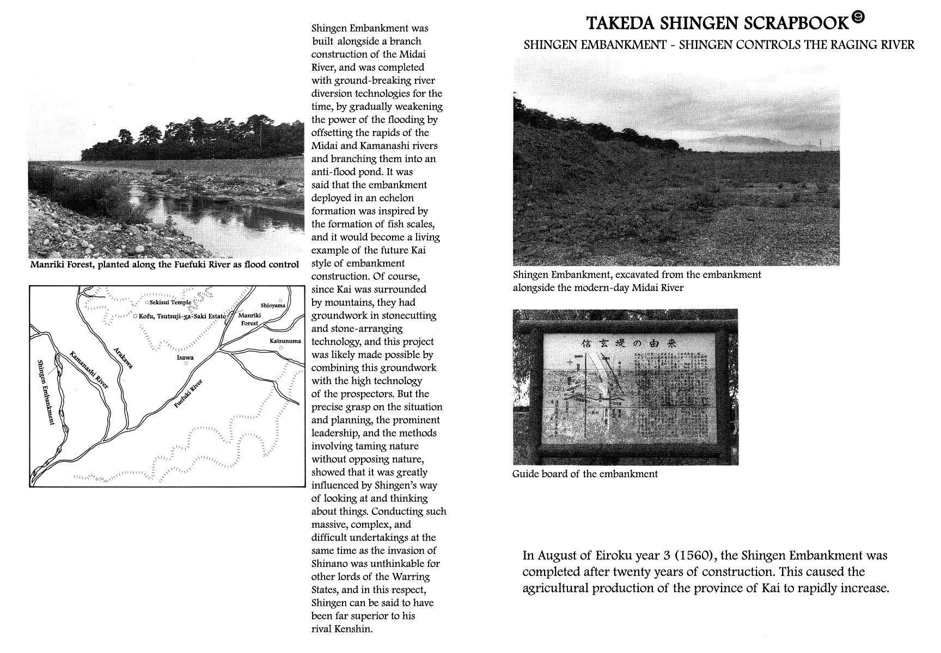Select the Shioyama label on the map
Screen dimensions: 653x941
273,306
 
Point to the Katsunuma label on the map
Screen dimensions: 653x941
285,341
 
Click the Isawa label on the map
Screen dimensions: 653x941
186,358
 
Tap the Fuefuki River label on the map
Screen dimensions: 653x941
188,394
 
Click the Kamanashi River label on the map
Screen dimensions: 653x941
89,369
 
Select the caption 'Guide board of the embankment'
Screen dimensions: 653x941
585,474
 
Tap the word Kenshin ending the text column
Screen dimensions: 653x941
354,629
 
